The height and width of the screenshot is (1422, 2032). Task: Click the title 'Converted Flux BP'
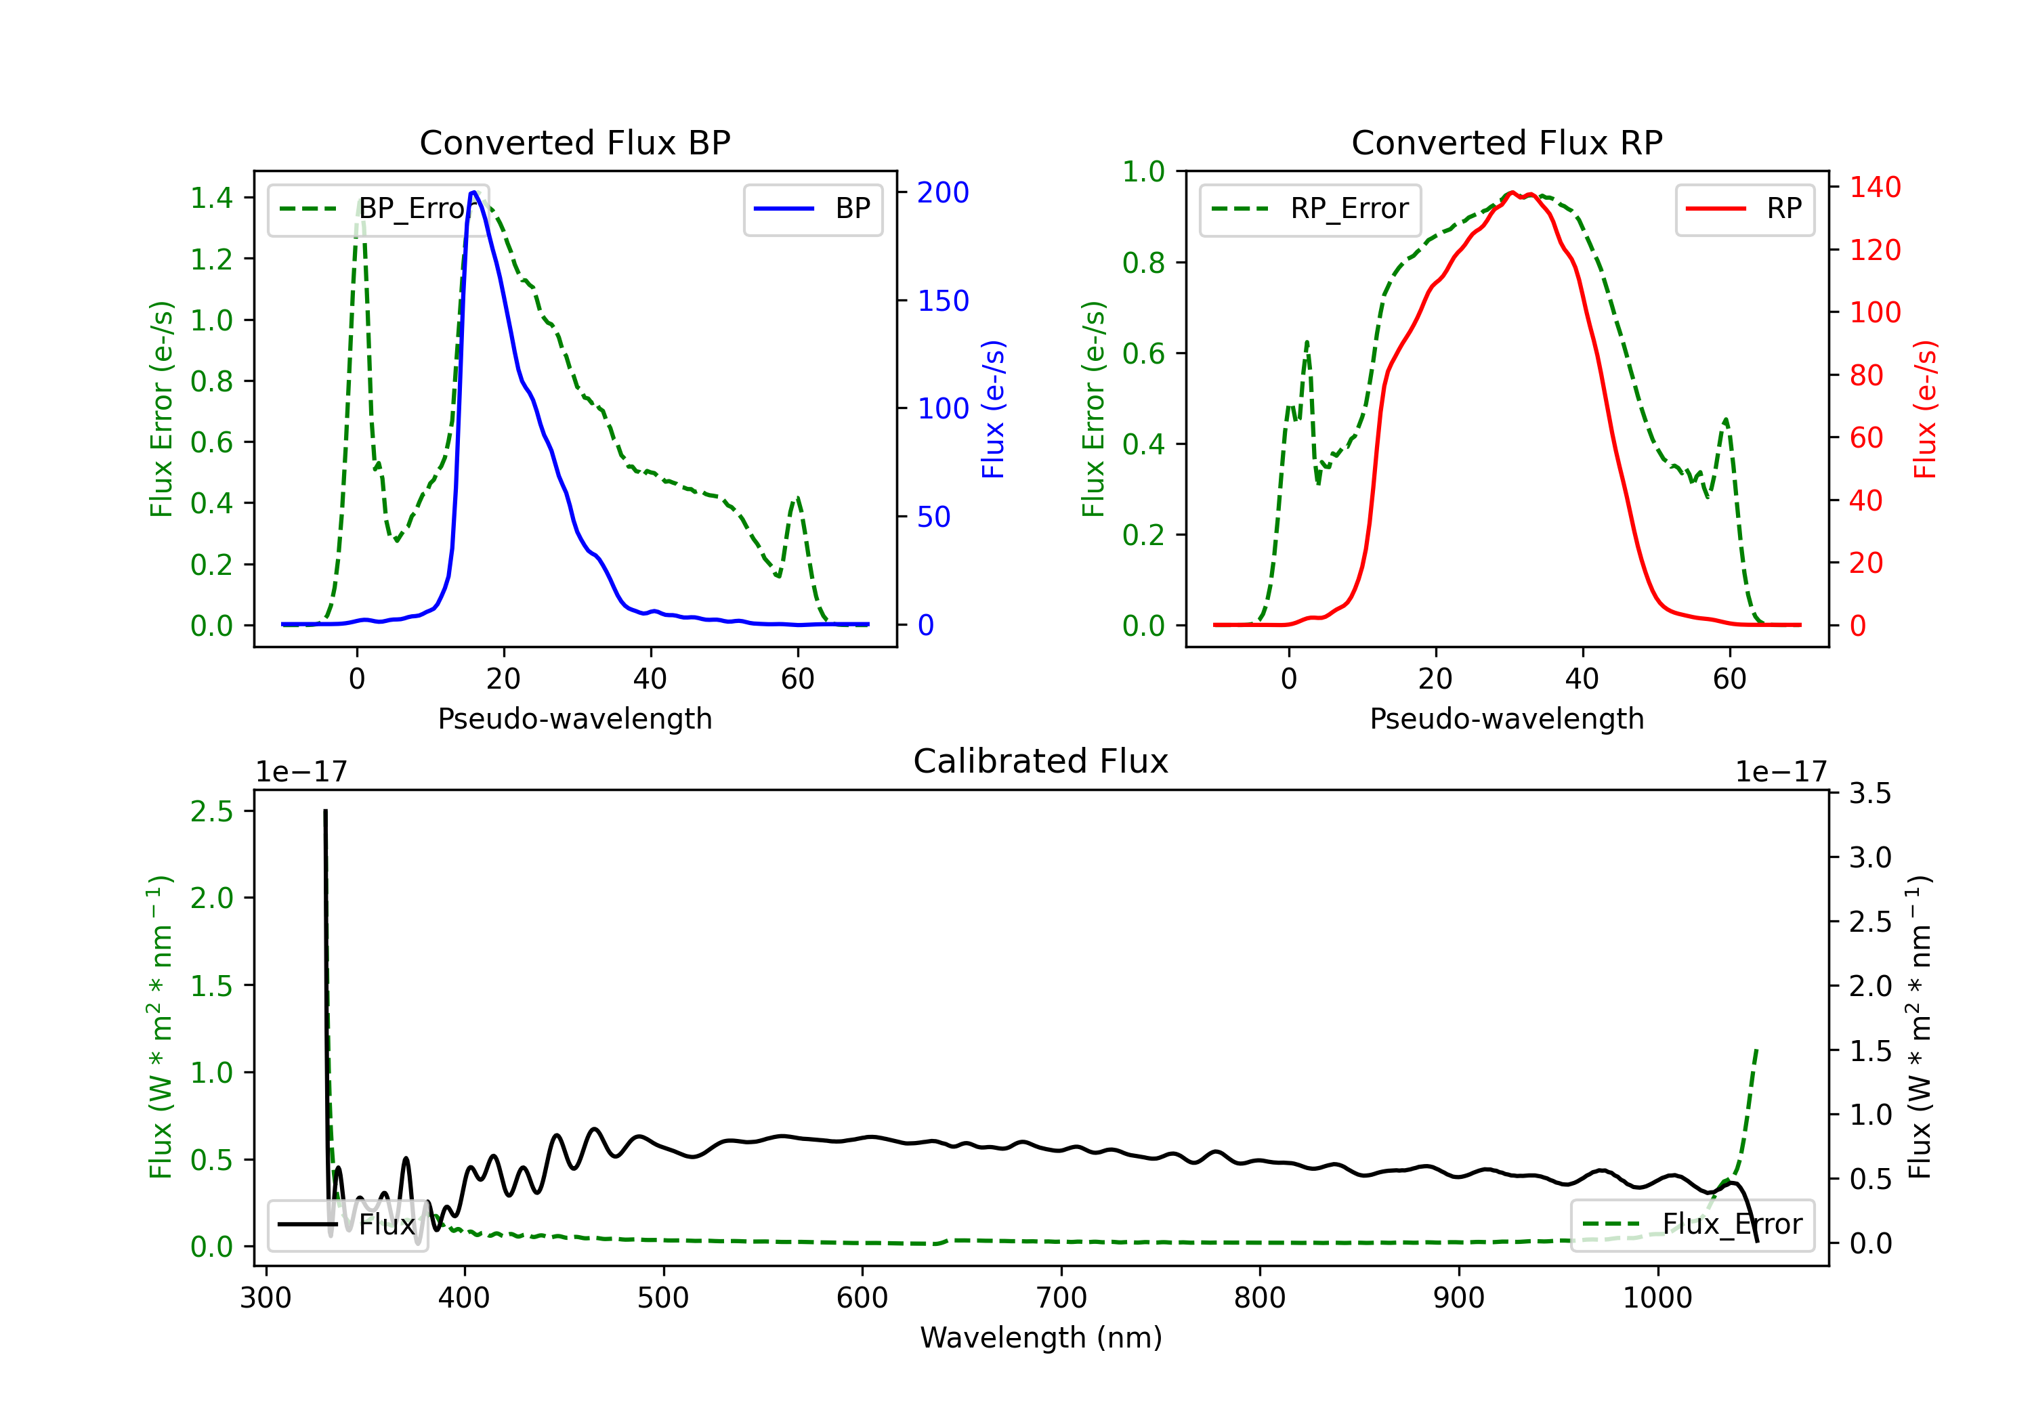(x=574, y=142)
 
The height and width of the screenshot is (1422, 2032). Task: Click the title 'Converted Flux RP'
(x=1506, y=142)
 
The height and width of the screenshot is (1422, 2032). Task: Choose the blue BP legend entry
(x=812, y=209)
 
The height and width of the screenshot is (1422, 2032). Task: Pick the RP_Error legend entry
(x=1310, y=209)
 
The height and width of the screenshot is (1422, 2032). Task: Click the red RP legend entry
(x=1744, y=209)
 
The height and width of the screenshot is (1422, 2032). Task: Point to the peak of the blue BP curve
(x=474, y=192)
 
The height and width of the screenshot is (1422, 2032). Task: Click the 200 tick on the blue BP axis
(x=943, y=193)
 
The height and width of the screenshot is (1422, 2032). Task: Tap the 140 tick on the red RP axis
(x=1874, y=188)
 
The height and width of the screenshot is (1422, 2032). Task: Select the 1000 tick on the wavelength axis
(x=1657, y=1297)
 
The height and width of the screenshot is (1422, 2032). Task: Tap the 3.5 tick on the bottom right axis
(x=1869, y=794)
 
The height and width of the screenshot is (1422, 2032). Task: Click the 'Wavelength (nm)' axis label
(x=1041, y=1337)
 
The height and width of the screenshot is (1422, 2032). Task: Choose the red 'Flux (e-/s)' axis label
(x=1925, y=409)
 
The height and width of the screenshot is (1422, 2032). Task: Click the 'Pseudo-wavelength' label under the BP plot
(x=574, y=718)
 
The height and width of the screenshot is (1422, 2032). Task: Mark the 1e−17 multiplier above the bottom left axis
(x=301, y=773)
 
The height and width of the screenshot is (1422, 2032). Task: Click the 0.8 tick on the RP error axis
(x=1143, y=263)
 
